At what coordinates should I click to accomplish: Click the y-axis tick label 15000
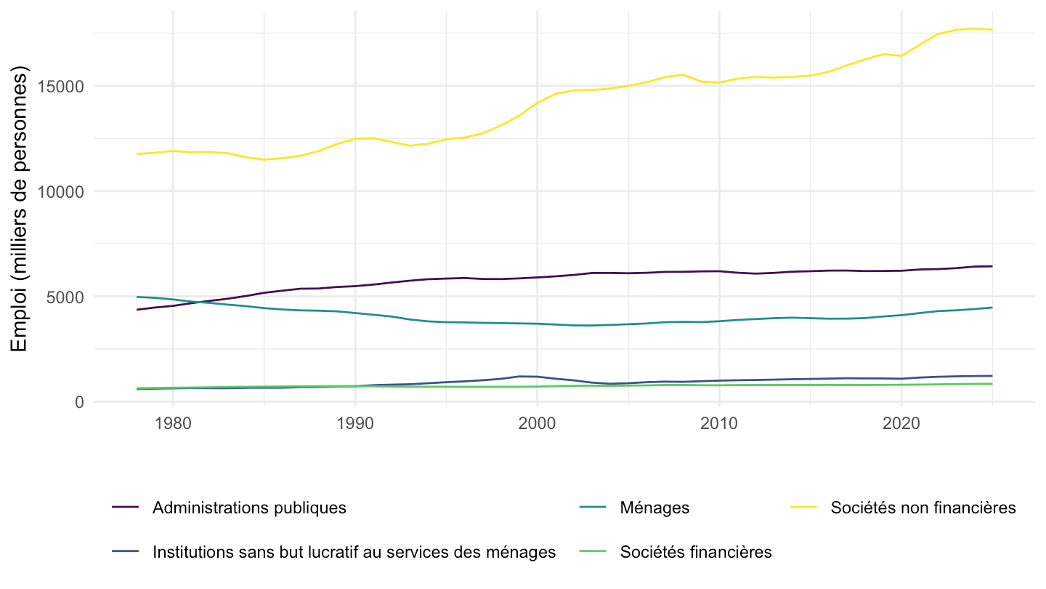pos(60,87)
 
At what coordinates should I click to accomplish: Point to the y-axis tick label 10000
pos(60,192)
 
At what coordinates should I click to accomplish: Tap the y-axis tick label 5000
pos(65,297)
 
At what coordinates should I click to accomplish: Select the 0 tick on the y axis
pos(79,403)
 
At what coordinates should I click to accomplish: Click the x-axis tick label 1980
pos(173,423)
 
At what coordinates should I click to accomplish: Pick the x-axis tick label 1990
pos(355,423)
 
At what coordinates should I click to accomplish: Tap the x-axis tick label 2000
pos(537,423)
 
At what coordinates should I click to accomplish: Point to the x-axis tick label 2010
pos(719,423)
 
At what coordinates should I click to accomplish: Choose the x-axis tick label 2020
pos(901,423)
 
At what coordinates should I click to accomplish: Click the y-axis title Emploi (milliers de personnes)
pos(19,209)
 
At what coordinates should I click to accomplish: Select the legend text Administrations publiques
pos(249,508)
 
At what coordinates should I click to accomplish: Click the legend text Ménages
pos(654,508)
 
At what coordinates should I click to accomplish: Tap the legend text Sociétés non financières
pos(923,508)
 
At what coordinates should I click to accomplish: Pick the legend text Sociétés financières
pos(696,552)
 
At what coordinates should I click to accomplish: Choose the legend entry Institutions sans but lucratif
pos(354,552)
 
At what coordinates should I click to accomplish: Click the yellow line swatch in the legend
pos(803,507)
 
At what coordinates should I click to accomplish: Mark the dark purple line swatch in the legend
pos(125,507)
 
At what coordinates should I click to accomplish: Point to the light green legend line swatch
pos(593,551)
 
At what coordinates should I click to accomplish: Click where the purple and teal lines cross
pos(199,302)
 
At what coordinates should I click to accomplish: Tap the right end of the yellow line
pos(992,30)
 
